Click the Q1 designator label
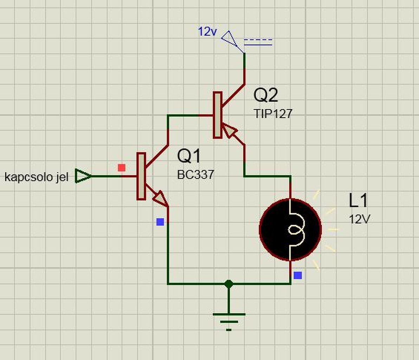click(x=189, y=156)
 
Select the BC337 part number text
click(x=195, y=175)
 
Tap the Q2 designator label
click(x=266, y=95)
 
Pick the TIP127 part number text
click(x=273, y=114)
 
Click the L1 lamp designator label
click(x=358, y=200)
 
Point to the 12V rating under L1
click(x=360, y=219)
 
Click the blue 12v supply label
click(x=207, y=32)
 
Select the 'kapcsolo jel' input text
click(x=36, y=177)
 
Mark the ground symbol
click(x=229, y=321)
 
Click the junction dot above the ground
click(x=229, y=283)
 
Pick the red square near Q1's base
click(x=122, y=168)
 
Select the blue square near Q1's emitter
click(x=160, y=222)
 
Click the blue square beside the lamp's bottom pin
click(x=298, y=275)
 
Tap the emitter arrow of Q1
click(x=161, y=199)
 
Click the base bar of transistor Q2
click(x=218, y=115)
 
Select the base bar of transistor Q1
click(x=141, y=176)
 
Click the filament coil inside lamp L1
click(x=296, y=230)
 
